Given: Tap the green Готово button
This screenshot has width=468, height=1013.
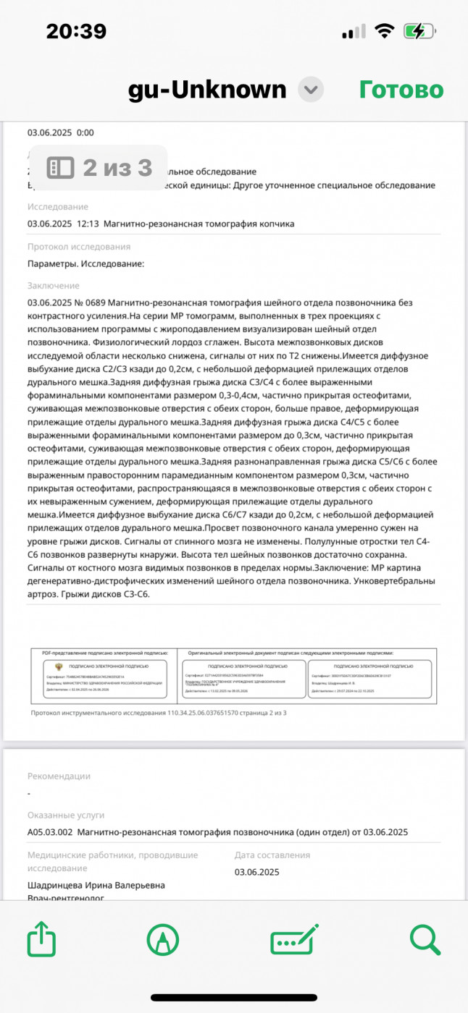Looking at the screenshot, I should tap(401, 90).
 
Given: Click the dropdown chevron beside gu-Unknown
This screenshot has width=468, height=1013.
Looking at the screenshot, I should tap(311, 90).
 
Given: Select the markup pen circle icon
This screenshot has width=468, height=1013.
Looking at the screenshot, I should tap(163, 940).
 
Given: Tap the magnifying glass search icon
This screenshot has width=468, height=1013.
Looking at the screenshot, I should tap(425, 940).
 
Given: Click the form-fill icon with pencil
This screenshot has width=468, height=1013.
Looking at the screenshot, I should tap(294, 940).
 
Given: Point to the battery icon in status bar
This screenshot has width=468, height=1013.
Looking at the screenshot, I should tap(419, 32).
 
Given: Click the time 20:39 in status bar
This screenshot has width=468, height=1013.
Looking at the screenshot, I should tap(76, 32).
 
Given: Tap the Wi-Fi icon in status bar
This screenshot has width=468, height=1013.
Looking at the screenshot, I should tap(384, 32).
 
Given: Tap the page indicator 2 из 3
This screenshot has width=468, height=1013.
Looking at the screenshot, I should tap(101, 168).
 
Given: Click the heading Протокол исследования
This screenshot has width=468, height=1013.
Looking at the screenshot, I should tap(79, 247).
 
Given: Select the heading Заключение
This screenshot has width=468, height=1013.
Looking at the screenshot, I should tap(54, 286).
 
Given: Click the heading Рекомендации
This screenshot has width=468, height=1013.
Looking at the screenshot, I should tap(59, 776).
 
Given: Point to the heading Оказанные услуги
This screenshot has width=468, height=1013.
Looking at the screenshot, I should tap(66, 815).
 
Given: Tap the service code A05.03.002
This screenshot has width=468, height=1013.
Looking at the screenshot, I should tap(51, 832).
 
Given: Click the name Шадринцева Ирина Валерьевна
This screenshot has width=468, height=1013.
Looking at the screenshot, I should tap(96, 885).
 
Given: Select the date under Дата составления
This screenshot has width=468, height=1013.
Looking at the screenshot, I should tap(256, 872).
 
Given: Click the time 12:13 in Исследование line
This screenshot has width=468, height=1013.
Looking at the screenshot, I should tap(87, 224).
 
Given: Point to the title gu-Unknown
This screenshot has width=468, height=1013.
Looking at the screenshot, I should tap(207, 90).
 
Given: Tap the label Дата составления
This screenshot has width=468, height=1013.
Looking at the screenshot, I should tap(272, 855).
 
